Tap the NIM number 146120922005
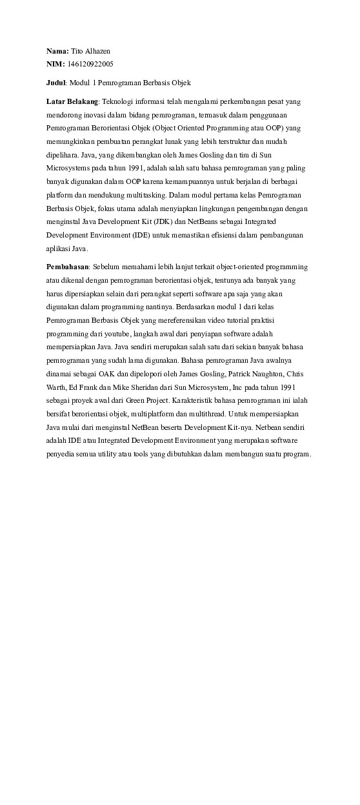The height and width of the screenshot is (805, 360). coord(90,64)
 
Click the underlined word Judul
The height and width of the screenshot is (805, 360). coord(56,83)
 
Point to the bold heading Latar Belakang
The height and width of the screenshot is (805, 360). coord(72,102)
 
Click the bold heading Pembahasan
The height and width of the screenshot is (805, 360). coord(67,267)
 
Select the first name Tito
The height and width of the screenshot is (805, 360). coord(76,50)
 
